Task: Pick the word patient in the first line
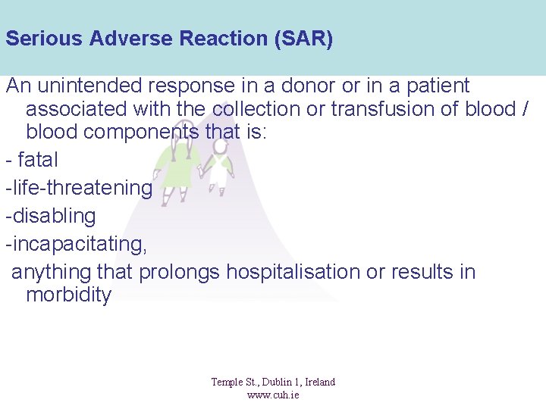point(435,86)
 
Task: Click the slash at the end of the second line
point(525,109)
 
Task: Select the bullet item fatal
point(37,161)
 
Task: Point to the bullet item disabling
point(51,216)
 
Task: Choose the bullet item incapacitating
point(76,244)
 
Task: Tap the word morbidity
point(68,295)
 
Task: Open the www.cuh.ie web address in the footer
point(273,395)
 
